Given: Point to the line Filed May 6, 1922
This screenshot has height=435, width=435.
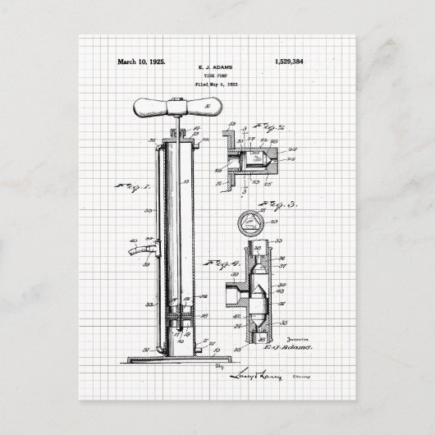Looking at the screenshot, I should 217,85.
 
